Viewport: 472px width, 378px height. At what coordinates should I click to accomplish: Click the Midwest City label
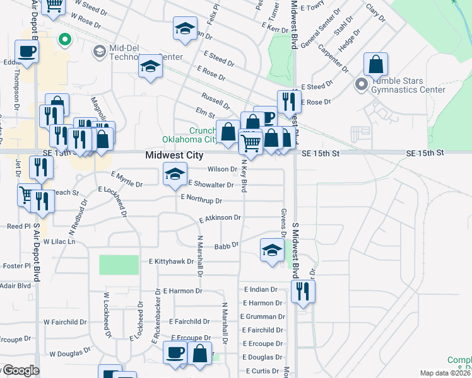(174, 155)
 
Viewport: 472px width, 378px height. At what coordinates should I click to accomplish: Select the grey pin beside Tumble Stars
(361, 83)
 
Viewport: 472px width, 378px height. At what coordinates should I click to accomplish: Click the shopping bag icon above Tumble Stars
(375, 65)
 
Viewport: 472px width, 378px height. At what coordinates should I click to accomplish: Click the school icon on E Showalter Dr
(175, 174)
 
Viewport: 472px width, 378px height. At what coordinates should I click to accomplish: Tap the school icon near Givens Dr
(272, 249)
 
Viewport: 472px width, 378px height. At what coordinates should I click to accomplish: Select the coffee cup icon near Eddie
(26, 51)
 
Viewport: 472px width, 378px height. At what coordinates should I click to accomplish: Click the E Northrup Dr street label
(201, 200)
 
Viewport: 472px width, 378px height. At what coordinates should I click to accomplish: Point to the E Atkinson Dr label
(220, 218)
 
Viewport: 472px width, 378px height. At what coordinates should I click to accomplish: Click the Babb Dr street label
(227, 246)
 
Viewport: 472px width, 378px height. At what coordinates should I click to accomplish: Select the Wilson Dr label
(222, 169)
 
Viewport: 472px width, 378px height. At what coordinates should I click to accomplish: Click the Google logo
(20, 370)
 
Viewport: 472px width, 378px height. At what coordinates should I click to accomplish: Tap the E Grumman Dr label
(263, 316)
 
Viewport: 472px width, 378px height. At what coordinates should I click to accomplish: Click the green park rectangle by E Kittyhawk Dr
(119, 265)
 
